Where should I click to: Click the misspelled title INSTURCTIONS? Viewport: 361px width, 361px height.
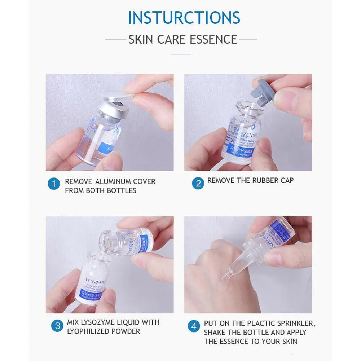(x=184, y=18)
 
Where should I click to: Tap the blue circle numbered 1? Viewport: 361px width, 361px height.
(x=54, y=185)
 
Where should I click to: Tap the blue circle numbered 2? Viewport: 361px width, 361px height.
(x=198, y=183)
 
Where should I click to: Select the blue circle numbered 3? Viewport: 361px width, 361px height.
(x=57, y=326)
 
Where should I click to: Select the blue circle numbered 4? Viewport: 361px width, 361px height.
(x=194, y=327)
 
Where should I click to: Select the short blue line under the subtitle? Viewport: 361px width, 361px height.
(x=181, y=54)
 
